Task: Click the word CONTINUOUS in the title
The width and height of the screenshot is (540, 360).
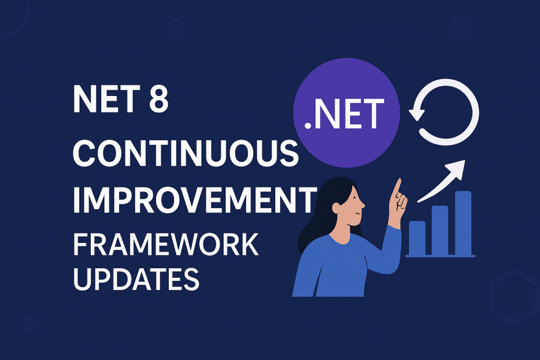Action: coord(186,153)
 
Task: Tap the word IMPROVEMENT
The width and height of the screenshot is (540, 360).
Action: coord(195,200)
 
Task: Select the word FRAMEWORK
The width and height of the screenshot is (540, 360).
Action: coord(166,245)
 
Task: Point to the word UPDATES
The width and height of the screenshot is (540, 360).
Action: coord(137,278)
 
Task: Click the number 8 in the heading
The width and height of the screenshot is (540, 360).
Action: coord(159,99)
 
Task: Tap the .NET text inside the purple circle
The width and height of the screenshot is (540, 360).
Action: coord(344,113)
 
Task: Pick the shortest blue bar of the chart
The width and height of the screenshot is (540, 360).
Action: coord(417,238)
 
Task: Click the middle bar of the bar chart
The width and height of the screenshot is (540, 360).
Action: coord(440,230)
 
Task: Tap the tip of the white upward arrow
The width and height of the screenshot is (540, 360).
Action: coord(465,160)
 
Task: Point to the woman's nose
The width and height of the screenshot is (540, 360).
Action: coord(363,205)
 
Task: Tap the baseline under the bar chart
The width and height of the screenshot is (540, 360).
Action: coord(440,256)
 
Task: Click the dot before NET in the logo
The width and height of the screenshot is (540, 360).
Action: coord(307,126)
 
